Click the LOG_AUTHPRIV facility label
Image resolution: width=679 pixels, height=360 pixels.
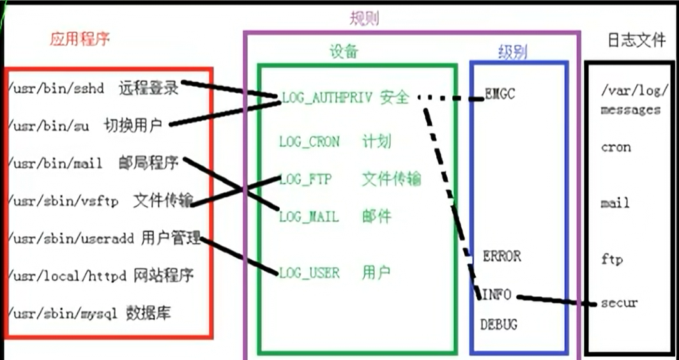[326, 98]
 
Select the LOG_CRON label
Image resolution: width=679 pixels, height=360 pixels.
[310, 142]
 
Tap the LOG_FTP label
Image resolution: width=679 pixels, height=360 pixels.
[305, 179]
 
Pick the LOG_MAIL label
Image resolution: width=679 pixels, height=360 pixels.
[309, 217]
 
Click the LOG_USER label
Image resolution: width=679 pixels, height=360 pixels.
[309, 273]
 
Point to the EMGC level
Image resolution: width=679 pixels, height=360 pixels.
[500, 96]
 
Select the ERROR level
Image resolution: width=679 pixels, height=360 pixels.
[502, 257]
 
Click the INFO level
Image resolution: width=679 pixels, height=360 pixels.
[496, 295]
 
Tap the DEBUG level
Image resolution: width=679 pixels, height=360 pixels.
[499, 325]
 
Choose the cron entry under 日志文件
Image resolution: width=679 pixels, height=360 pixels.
[616, 147]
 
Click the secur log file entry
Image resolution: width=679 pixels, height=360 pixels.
[619, 303]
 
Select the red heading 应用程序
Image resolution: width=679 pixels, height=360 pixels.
[80, 39]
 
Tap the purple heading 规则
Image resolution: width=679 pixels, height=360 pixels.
[363, 18]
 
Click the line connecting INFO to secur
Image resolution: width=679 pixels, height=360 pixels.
[556, 300]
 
